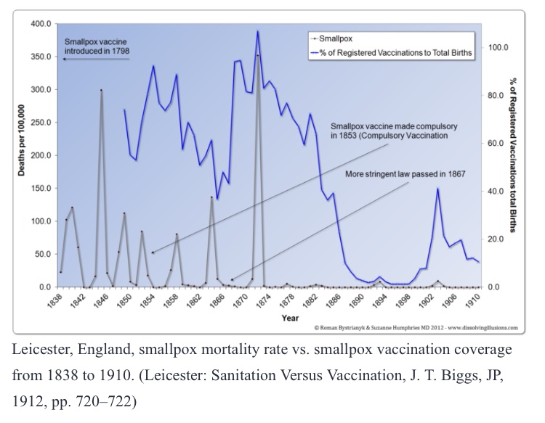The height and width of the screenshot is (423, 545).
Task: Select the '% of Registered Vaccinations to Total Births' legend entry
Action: click(396, 52)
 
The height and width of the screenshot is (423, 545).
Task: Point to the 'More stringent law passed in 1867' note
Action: click(404, 174)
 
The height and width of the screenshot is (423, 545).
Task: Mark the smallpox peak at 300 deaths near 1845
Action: click(101, 90)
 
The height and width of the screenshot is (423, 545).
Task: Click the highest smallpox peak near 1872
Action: click(257, 55)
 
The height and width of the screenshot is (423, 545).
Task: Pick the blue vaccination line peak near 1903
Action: click(437, 189)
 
